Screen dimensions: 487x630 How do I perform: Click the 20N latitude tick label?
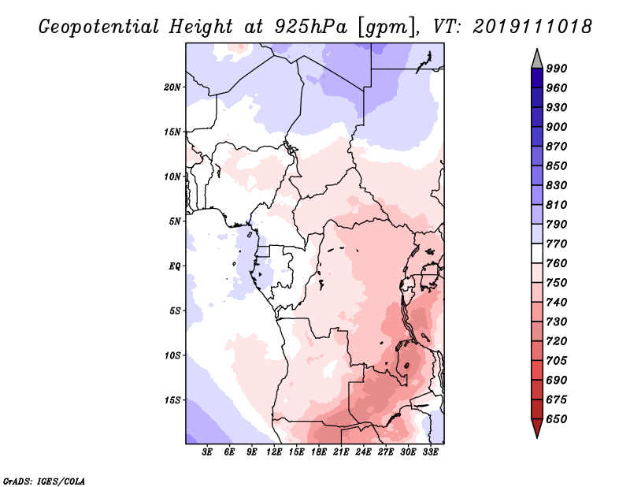click(x=172, y=87)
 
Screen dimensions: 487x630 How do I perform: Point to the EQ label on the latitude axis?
click(x=175, y=266)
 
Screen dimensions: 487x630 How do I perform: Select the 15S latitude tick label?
click(x=172, y=400)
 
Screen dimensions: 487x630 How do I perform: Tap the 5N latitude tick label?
click(x=175, y=221)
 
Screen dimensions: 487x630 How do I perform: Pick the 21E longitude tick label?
click(x=341, y=452)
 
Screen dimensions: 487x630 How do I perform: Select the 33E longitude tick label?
click(x=430, y=452)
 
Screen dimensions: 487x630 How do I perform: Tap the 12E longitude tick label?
click(x=274, y=452)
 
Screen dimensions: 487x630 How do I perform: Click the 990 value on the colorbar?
click(x=557, y=69)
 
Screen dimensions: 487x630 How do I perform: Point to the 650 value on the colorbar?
click(x=557, y=419)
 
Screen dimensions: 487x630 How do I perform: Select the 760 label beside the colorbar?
click(x=557, y=263)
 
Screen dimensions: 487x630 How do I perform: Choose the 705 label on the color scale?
click(x=557, y=361)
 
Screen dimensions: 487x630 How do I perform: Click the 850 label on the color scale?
click(x=557, y=166)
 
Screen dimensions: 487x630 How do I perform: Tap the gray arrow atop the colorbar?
click(x=537, y=59)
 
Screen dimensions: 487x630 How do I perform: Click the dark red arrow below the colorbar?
click(x=537, y=429)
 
